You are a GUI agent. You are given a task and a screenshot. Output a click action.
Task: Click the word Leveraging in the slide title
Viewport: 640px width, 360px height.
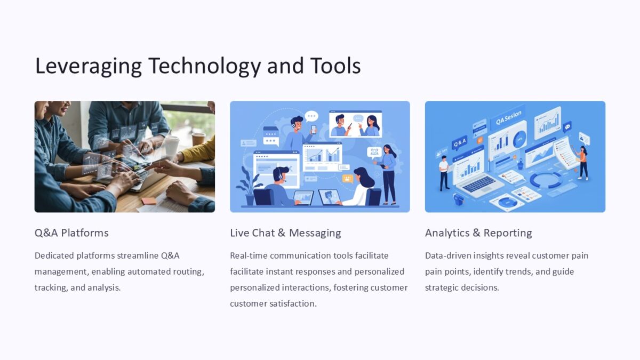88,66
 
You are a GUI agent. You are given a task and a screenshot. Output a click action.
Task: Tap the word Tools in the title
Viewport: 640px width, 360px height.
335,66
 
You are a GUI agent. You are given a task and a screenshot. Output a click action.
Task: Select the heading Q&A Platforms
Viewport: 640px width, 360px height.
71,233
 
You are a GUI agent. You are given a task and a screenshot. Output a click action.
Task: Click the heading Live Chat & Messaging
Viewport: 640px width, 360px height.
285,233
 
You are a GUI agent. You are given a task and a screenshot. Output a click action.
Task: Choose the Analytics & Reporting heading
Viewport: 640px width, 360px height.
478,233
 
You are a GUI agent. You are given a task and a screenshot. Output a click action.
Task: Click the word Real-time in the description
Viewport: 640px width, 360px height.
249,255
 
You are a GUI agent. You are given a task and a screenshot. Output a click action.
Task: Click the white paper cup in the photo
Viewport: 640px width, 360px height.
172,145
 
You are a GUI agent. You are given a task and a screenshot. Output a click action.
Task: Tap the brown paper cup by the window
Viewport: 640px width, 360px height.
198,138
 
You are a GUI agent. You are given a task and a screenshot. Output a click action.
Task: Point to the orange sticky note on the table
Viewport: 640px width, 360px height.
149,201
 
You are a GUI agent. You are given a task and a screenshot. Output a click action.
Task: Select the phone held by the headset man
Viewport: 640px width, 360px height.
313,129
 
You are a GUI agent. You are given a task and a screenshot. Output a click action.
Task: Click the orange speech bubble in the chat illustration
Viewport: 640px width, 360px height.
348,179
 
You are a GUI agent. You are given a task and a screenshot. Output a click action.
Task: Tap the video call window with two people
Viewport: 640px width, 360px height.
355,125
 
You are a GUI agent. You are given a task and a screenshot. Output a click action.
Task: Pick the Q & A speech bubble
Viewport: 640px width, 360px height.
459,143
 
